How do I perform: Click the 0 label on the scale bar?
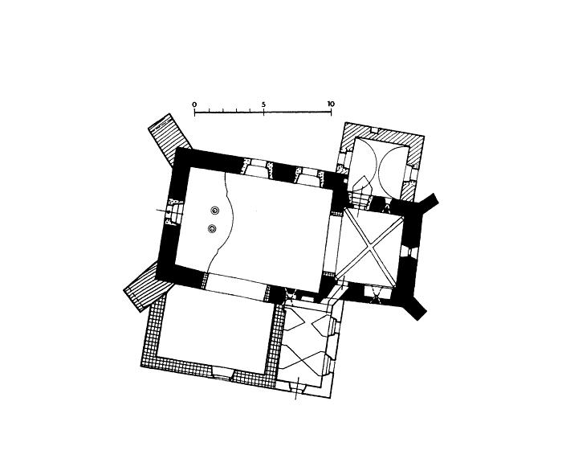click(194, 104)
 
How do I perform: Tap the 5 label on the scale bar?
click(263, 104)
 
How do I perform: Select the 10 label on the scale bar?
click(331, 104)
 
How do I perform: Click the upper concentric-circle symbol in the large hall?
click(214, 211)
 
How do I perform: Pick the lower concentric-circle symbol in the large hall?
click(212, 228)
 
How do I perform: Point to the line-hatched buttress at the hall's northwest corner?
click(170, 139)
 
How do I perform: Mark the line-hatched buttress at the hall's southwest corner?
click(147, 287)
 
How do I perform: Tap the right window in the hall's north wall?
click(308, 177)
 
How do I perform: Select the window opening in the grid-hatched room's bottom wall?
click(223, 372)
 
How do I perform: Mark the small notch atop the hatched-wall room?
click(374, 129)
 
